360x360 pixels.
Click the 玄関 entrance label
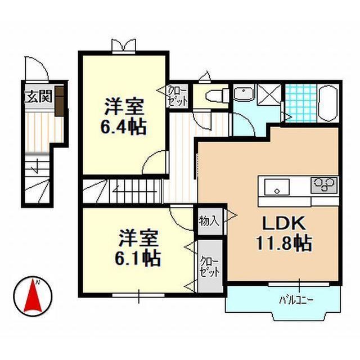pyautogui.click(x=38, y=96)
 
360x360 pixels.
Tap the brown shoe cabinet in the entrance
pyautogui.click(x=60, y=101)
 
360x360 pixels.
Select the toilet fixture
pyautogui.click(x=217, y=95)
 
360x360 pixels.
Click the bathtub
pyautogui.click(x=328, y=103)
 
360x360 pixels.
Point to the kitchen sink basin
pyautogui.click(x=277, y=187)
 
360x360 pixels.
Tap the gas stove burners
pyautogui.click(x=324, y=184)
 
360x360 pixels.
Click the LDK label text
pyautogui.click(x=284, y=223)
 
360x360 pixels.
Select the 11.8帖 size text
pyautogui.click(x=284, y=242)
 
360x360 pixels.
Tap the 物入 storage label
pyautogui.click(x=209, y=221)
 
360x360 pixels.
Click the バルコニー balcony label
pyautogui.click(x=296, y=300)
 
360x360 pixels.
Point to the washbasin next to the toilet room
pyautogui.click(x=244, y=94)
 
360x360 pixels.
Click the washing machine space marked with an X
pyautogui.click(x=269, y=94)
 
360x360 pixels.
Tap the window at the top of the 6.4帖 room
pyautogui.click(x=124, y=47)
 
